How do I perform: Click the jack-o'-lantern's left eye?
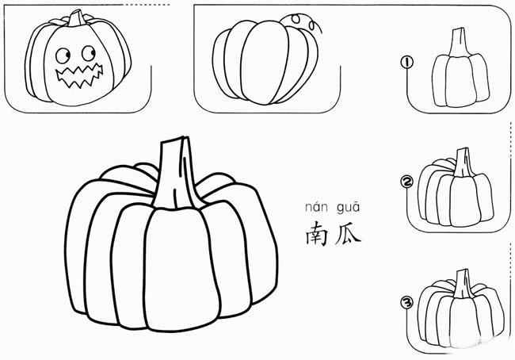tap(63, 56)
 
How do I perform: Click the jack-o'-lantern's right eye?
tap(89, 53)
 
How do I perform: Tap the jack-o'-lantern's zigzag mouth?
tap(79, 76)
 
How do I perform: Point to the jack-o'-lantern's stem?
tap(77, 18)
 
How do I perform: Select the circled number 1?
tap(407, 62)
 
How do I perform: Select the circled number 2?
tap(407, 182)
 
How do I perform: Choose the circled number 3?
tap(407, 302)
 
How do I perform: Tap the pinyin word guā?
tap(349, 208)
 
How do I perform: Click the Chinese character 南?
tap(317, 233)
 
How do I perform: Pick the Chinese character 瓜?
tap(348, 234)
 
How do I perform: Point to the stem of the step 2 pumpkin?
tap(463, 163)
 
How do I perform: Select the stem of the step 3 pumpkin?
tap(463, 284)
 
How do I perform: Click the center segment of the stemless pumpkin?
tap(265, 63)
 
